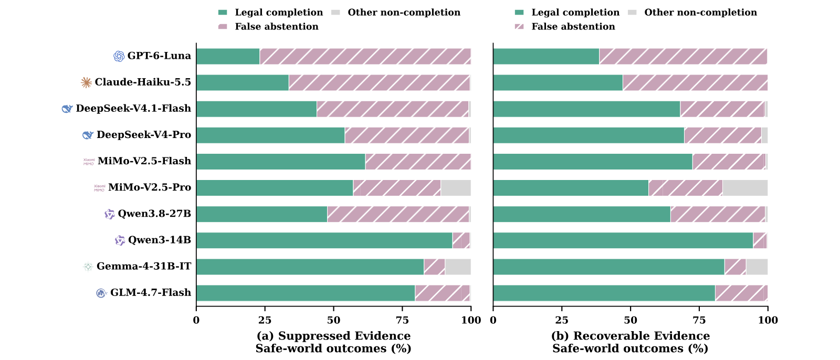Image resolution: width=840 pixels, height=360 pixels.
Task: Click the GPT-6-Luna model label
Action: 159,56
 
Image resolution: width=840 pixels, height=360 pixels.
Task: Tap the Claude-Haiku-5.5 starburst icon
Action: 86,82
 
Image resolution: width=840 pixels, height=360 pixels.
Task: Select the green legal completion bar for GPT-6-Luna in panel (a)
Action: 228,56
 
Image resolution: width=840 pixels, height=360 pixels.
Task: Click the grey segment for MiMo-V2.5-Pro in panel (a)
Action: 456,188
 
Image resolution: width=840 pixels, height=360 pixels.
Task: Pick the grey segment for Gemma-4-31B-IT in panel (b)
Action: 757,267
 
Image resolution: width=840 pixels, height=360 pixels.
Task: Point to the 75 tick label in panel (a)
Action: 402,320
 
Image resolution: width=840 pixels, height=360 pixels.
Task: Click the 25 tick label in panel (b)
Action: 562,320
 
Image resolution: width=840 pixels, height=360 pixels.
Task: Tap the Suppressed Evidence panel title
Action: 333,336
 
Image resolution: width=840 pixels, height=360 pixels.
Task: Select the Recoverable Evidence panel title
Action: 631,336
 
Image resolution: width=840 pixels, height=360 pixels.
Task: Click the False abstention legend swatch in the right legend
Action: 519,27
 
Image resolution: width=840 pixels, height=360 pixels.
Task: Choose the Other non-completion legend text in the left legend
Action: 404,13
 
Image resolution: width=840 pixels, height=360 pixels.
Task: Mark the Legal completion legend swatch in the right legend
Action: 519,13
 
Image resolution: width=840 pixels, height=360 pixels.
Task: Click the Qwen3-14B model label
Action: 160,240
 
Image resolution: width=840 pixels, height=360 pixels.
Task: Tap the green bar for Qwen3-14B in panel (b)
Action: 623,240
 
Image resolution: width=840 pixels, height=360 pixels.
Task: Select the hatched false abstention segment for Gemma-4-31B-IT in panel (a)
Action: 434,267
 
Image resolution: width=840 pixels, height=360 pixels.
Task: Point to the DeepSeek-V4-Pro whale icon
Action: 88,135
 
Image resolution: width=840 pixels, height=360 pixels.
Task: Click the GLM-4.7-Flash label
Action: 150,292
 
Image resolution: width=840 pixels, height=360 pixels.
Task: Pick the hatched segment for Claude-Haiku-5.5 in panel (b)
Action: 695,82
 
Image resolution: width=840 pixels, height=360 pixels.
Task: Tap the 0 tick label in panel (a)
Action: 196,320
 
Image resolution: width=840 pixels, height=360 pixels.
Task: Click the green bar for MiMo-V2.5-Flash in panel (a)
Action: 281,162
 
